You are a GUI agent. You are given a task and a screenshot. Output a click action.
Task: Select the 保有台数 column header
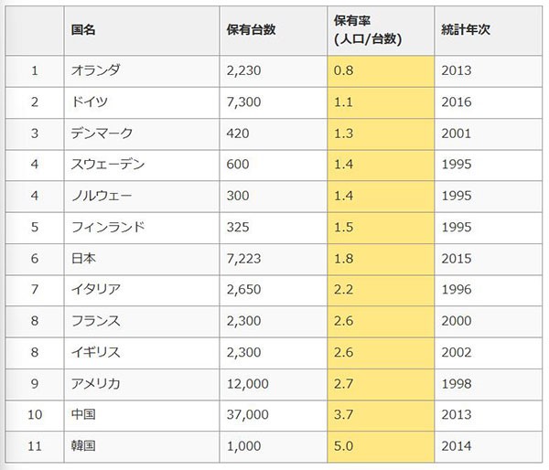[251, 29]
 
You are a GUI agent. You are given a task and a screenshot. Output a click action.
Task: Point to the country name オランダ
[95, 69]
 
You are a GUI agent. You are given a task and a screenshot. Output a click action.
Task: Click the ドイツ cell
[90, 101]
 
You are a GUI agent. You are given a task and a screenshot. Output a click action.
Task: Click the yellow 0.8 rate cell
[344, 69]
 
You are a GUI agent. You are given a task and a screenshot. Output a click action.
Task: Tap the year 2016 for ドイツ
[457, 101]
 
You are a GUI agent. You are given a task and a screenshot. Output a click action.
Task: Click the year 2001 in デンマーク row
[457, 133]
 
